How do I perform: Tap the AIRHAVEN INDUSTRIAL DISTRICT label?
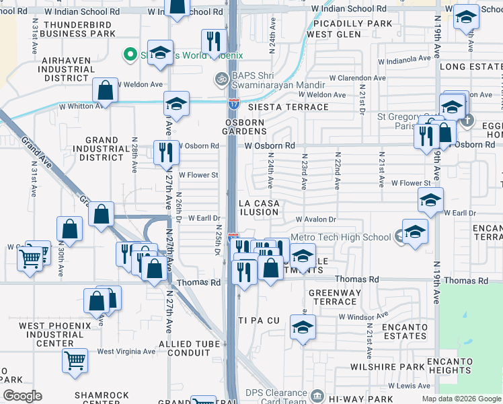click(66, 69)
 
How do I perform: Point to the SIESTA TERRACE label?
click(278, 107)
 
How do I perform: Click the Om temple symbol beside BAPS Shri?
click(221, 79)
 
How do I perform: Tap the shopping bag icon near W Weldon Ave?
click(106, 90)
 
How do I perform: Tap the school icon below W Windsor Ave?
click(303, 329)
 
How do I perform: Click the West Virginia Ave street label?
click(126, 351)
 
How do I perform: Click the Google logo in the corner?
click(23, 396)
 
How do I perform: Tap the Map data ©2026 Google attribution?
click(461, 399)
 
